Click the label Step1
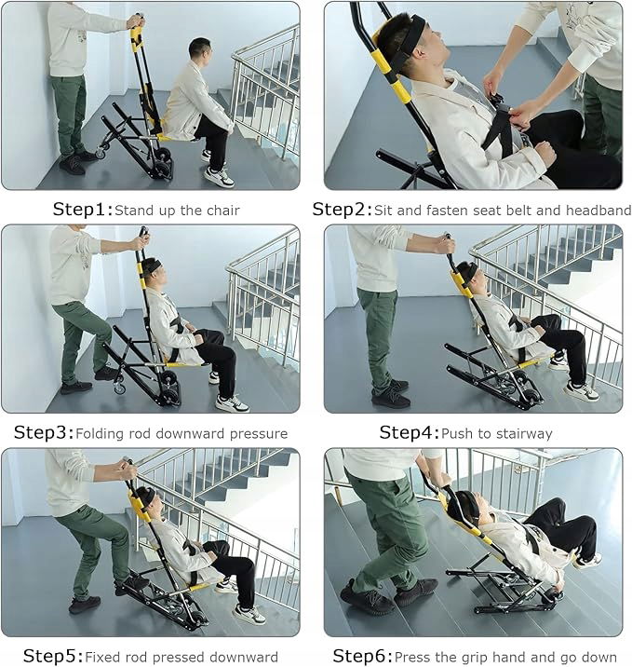tap(83, 210)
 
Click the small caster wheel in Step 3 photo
tap(119, 388)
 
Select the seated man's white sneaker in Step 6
tap(588, 561)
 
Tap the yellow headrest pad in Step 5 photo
tap(139, 506)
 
